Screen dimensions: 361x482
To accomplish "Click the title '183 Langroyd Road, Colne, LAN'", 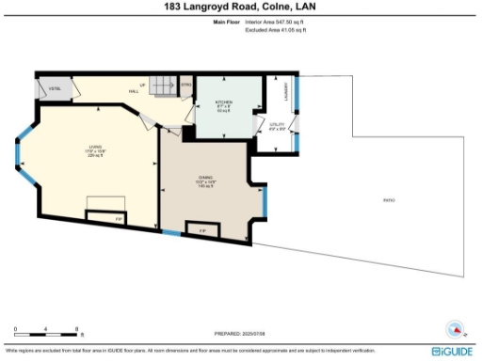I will coord(241,7).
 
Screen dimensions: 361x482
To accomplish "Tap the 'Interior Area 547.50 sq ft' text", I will coord(276,23).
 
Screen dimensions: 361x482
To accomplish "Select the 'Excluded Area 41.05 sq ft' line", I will coord(276,30).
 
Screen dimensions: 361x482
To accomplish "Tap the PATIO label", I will coord(389,200).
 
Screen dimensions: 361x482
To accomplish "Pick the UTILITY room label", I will coord(277,126).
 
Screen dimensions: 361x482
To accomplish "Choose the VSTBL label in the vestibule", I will coord(55,88).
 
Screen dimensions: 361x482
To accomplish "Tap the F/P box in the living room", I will coord(119,218).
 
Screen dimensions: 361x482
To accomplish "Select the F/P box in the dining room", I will coord(201,229).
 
